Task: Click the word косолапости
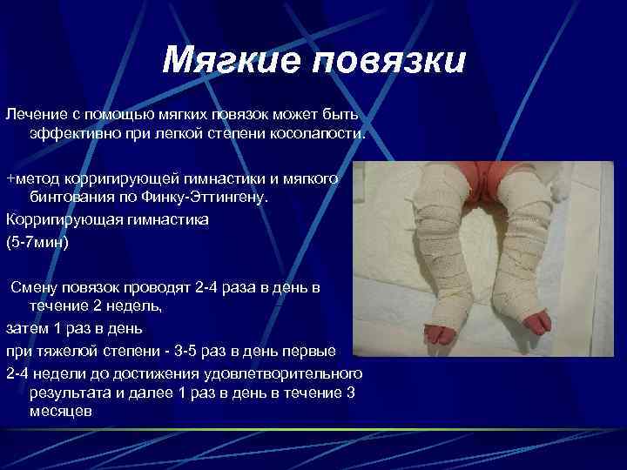[x=321, y=136]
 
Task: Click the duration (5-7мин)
[x=37, y=241]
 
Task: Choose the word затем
[x=25, y=328]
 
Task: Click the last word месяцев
[x=59, y=413]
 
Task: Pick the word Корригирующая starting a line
[x=59, y=220]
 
